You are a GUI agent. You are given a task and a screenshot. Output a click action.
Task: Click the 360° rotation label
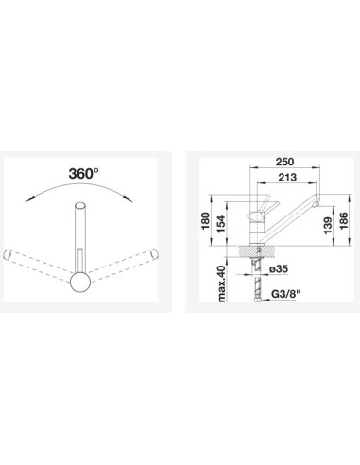83,173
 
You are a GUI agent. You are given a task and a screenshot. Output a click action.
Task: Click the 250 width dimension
284,162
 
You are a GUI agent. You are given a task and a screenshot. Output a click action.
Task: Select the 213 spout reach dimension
287,177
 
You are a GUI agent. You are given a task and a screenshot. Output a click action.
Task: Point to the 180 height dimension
205,221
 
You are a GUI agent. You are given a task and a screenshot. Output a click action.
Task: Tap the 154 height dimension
221,224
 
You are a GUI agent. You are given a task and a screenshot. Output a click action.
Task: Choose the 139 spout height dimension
328,226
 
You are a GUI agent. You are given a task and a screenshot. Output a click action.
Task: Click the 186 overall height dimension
344,221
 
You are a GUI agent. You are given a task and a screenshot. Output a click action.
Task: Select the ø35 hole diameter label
279,268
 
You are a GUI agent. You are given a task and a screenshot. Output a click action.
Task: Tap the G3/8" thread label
286,295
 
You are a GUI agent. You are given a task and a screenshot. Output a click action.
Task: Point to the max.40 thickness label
221,284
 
